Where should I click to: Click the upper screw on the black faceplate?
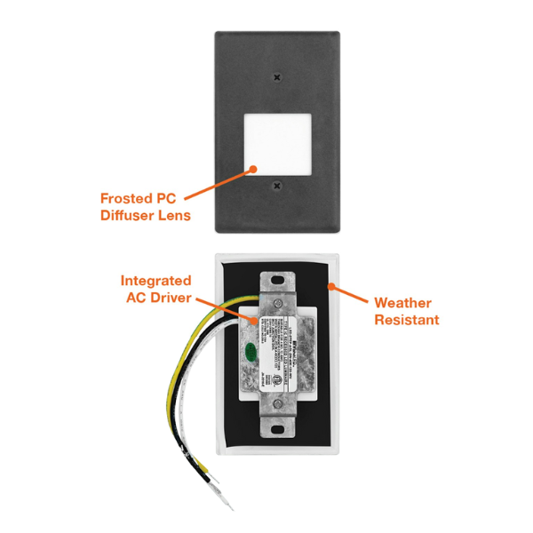point(278,76)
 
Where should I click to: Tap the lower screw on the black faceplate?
point(278,186)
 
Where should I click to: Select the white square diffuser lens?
point(278,131)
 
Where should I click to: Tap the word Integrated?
point(156,281)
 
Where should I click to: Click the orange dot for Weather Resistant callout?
point(330,286)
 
